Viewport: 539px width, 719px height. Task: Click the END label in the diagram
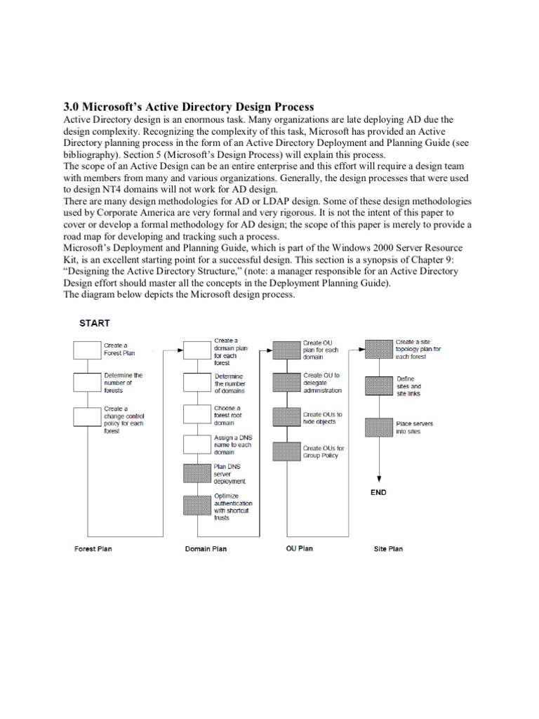click(378, 493)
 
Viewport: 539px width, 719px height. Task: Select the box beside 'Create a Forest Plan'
click(87, 350)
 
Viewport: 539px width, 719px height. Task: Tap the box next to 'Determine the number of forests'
click(87, 383)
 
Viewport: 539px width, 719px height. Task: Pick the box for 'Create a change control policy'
click(87, 416)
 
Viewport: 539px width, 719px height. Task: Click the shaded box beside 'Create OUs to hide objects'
click(286, 417)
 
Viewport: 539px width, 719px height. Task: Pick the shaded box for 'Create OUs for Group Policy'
click(286, 451)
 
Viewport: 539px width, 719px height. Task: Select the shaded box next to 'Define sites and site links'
click(378, 385)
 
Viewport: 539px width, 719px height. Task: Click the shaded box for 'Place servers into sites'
click(378, 427)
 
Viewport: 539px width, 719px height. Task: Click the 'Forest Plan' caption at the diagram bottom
click(93, 548)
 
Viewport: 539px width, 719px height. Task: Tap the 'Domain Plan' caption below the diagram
click(206, 548)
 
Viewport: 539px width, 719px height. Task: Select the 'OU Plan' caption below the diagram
click(300, 548)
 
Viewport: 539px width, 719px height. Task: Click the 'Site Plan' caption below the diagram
click(388, 548)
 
